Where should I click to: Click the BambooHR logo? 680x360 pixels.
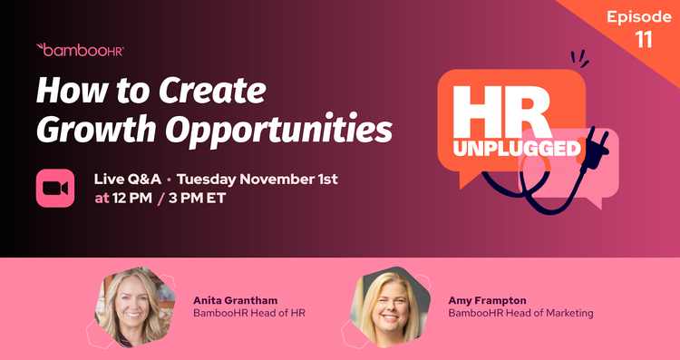79,50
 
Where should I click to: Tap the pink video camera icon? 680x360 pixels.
55,187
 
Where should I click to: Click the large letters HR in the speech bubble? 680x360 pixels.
501,111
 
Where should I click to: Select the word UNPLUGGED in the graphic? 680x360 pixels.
529,149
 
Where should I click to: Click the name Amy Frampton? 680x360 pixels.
487,298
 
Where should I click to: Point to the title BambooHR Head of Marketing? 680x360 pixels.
520,313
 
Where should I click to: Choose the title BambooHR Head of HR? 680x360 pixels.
250,313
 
